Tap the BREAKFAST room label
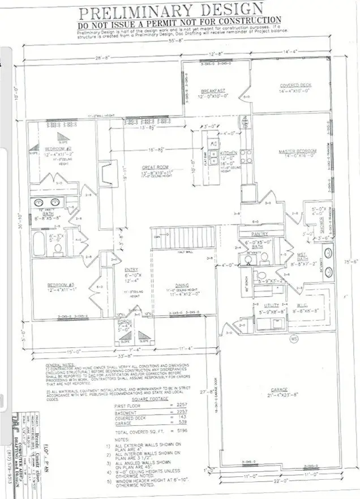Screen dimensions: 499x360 214,91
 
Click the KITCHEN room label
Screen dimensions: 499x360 228,153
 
